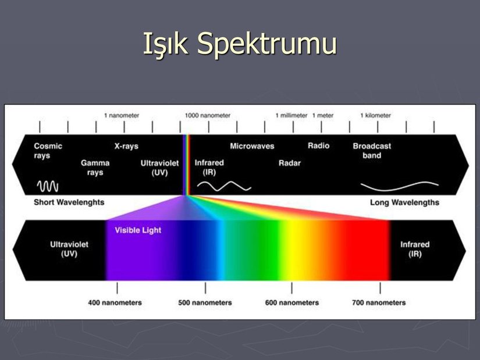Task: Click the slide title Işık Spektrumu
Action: point(240,44)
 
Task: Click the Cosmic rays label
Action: point(48,151)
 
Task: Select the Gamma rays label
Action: point(95,167)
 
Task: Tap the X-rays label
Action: point(126,146)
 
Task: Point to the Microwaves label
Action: point(252,146)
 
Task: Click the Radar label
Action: point(290,163)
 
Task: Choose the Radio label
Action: point(318,145)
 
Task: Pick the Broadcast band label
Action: point(372,151)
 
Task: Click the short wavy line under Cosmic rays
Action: point(48,186)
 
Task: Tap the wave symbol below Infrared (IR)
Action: point(224,186)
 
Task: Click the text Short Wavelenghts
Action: point(69,202)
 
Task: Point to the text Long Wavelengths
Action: point(404,202)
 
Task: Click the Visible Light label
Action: point(138,230)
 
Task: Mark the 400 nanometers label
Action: point(115,303)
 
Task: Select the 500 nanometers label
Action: point(205,303)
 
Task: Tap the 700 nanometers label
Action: point(379,303)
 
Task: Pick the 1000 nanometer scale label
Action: point(208,115)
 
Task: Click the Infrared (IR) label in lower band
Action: point(415,249)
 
